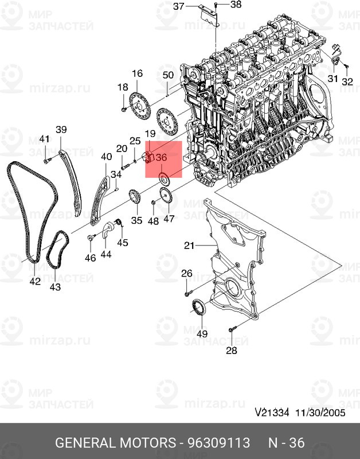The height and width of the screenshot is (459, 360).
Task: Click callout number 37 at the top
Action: pyautogui.click(x=179, y=6)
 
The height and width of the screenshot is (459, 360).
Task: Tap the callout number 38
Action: pyautogui.click(x=236, y=4)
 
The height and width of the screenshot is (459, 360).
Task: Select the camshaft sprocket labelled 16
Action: pyautogui.click(x=139, y=106)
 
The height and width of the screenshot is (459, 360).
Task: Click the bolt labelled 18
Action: pyautogui.click(x=123, y=110)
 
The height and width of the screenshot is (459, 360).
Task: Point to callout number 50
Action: pyautogui.click(x=168, y=75)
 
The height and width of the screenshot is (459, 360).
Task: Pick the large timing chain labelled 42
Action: pyautogui.click(x=32, y=211)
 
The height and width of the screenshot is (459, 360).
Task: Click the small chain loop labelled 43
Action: pyautogui.click(x=57, y=250)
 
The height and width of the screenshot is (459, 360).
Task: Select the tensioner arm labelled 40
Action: pyautogui.click(x=100, y=201)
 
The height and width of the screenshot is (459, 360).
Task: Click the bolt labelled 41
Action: pyautogui.click(x=47, y=161)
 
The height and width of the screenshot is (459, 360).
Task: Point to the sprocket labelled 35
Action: pyautogui.click(x=135, y=197)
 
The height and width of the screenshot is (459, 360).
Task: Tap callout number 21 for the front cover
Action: pyautogui.click(x=189, y=246)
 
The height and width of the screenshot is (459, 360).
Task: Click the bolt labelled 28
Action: pyautogui.click(x=232, y=329)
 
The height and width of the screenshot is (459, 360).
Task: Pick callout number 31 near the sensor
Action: pyautogui.click(x=332, y=79)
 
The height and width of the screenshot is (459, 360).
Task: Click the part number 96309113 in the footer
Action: pyautogui.click(x=218, y=442)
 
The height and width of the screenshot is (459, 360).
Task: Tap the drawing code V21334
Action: pyautogui.click(x=272, y=413)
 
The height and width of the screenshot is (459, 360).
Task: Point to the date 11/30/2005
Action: pyautogui.click(x=320, y=413)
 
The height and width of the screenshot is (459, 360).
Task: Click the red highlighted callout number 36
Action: pyautogui.click(x=162, y=158)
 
